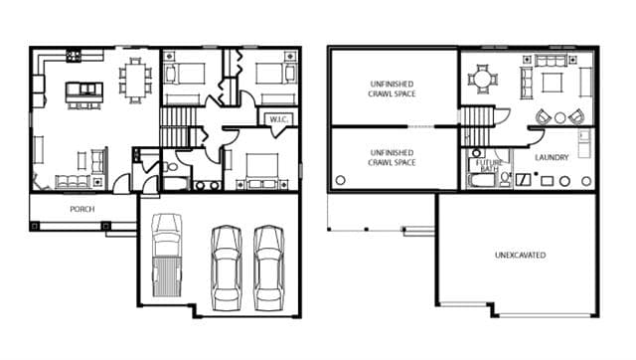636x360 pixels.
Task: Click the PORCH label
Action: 82,209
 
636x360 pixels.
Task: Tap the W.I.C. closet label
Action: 278,119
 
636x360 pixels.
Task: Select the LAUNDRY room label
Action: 552,157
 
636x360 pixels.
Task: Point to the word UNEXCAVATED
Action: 521,255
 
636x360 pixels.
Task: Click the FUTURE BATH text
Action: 489,166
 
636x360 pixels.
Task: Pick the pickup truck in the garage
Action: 167,255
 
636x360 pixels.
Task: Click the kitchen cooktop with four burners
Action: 74,56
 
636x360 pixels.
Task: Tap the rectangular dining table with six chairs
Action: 135,81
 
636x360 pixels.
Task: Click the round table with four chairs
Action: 483,80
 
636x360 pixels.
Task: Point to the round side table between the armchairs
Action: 560,117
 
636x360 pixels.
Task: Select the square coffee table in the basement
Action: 553,83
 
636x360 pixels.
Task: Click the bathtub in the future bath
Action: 482,180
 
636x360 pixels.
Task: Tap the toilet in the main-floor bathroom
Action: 171,166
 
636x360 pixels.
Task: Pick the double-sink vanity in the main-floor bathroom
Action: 208,186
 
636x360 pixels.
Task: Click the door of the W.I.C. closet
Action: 277,132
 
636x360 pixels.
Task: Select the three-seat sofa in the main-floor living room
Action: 73,181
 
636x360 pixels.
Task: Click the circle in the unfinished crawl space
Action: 341,180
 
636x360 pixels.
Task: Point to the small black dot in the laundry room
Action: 536,174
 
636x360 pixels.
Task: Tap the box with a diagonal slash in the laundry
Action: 523,180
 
